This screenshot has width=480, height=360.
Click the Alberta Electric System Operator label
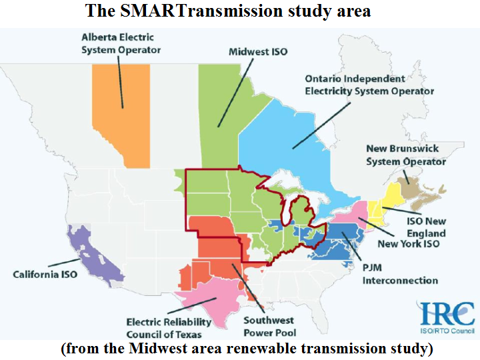[121, 43]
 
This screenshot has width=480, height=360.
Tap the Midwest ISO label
[258, 51]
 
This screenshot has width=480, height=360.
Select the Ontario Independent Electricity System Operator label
[369, 85]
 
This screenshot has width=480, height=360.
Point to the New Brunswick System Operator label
[406, 155]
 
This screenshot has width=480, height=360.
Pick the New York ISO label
[408, 245]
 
